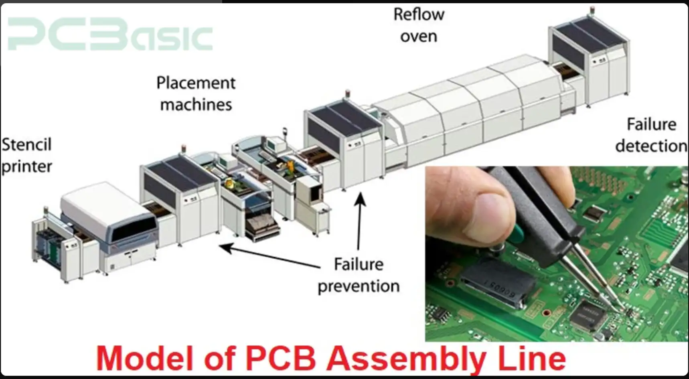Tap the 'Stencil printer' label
[26, 156]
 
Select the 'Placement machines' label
[196, 93]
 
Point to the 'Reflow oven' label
[418, 25]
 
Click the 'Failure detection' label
[651, 135]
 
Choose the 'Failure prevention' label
[358, 276]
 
